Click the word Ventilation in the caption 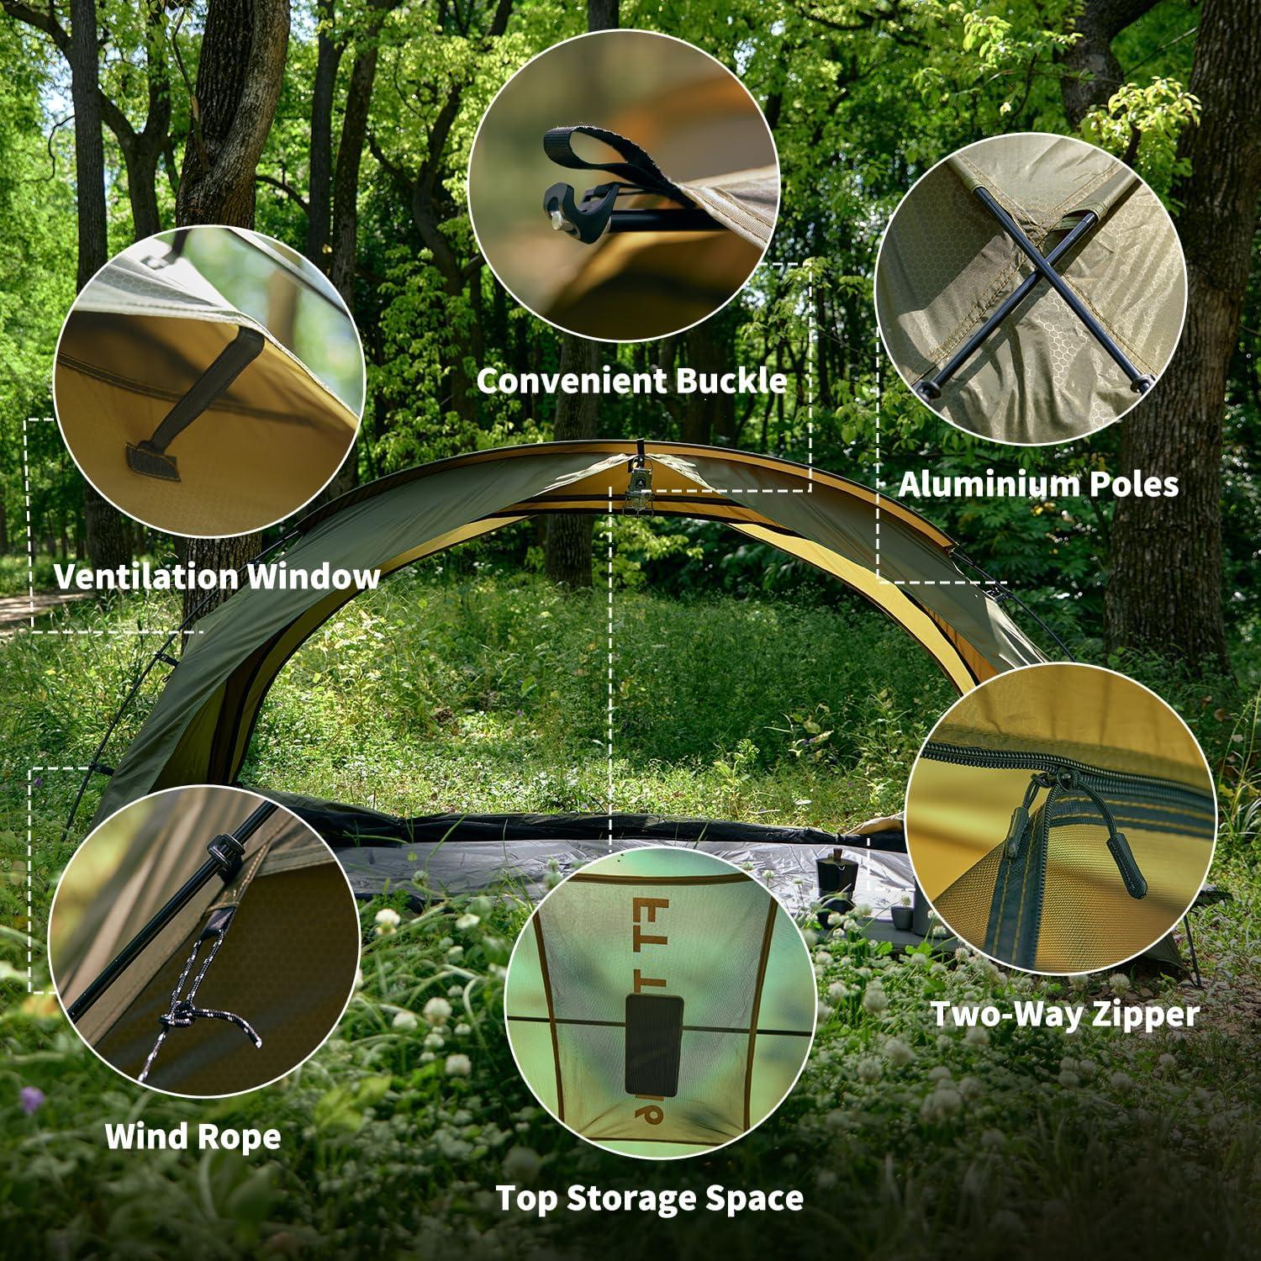pyautogui.click(x=145, y=577)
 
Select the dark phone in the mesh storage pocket pyautogui.click(x=652, y=1044)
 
